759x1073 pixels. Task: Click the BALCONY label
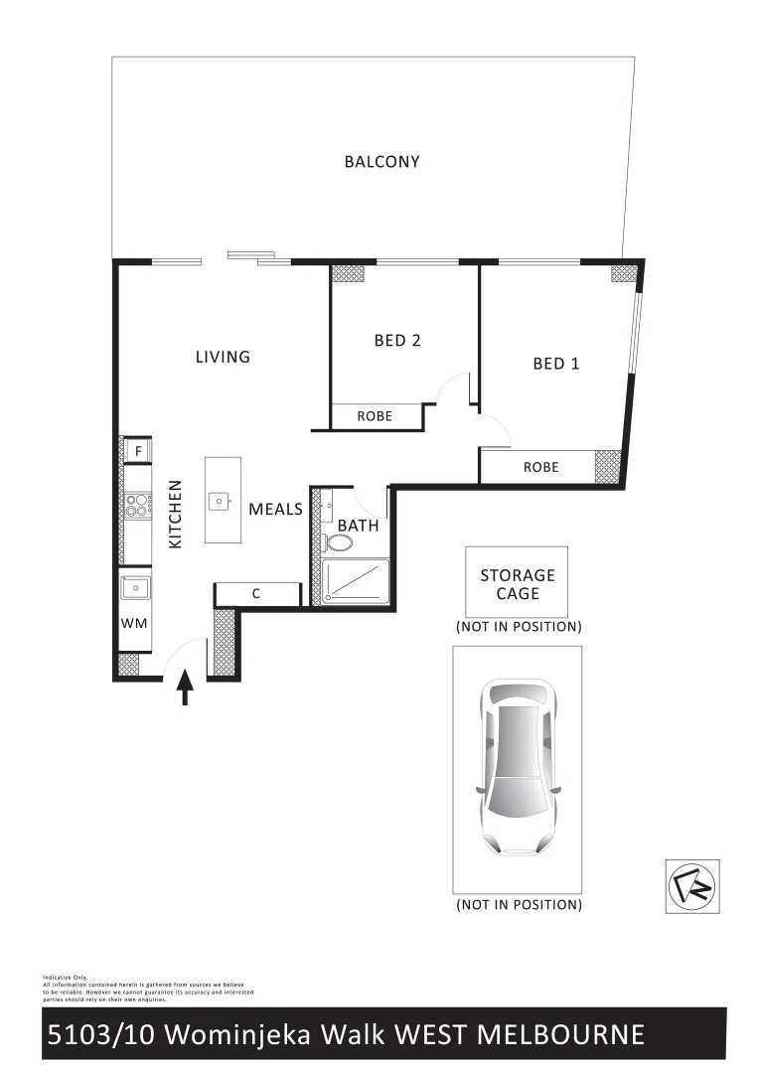pos(381,161)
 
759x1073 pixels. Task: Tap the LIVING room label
pos(223,357)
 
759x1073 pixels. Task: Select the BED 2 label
pos(397,340)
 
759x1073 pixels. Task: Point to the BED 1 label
pos(556,364)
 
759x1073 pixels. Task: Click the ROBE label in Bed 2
pos(375,416)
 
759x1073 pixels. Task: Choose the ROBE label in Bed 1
pos(540,467)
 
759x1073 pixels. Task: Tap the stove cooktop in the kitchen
pos(135,506)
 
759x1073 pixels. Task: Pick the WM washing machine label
pos(134,623)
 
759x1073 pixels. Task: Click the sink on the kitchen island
pos(221,501)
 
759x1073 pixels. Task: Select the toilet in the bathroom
pos(338,543)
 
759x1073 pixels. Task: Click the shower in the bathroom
pos(356,581)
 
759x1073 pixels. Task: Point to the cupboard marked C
pos(256,594)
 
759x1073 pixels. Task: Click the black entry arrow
pos(185,688)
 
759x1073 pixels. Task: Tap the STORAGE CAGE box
pos(518,583)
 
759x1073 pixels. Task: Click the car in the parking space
pos(518,767)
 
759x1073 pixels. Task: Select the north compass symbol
pos(691,884)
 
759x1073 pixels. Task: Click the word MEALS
pos(275,509)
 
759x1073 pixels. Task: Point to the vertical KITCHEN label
pos(176,515)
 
